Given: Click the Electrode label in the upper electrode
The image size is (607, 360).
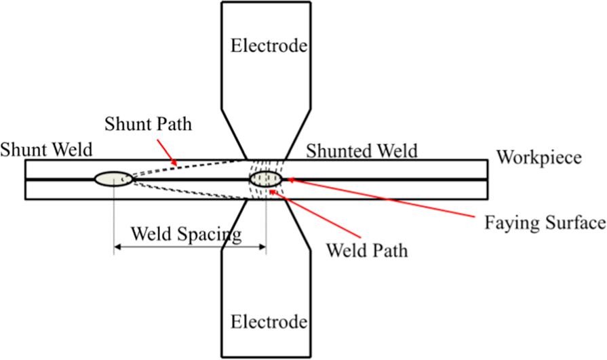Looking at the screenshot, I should pos(269,46).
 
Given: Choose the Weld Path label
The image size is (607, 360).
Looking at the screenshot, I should pos(367,250).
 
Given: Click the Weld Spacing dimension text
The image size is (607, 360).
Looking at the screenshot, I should pos(186,235).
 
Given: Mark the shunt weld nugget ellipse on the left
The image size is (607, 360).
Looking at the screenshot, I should pos(113,179).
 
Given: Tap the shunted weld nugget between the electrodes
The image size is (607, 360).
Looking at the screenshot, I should pos(265,179).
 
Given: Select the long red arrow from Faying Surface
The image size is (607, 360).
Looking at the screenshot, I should pos(380,199).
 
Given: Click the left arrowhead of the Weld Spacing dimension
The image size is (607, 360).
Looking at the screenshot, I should pos(117,247).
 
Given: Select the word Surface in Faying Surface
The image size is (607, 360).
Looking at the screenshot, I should pos(578,222).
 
